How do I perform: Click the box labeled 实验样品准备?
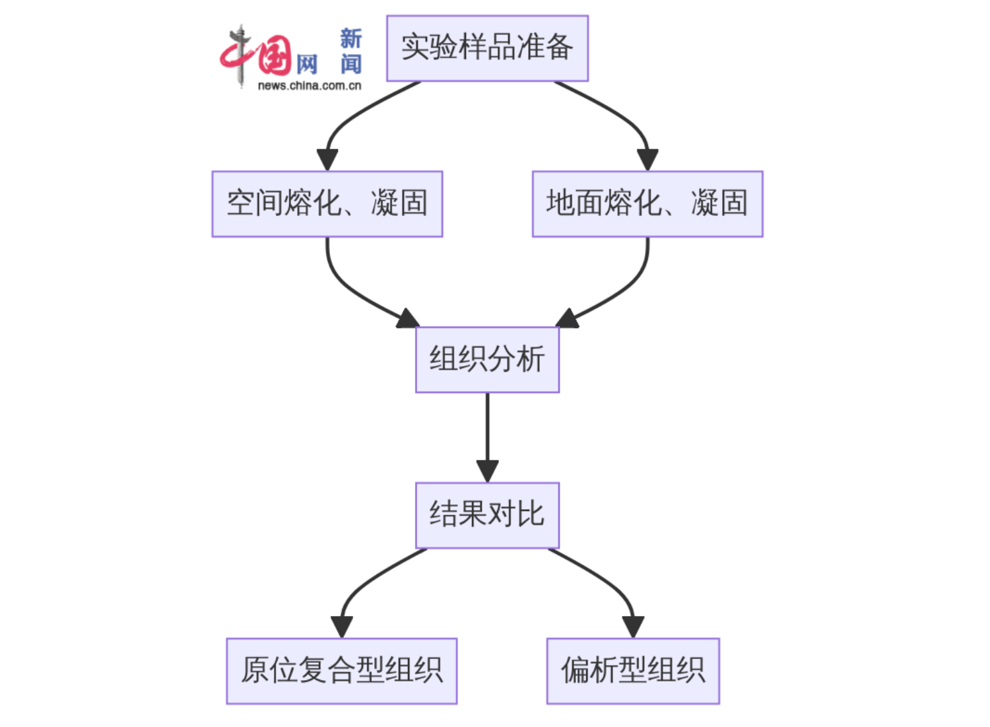coord(487,48)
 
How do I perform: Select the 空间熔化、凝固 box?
coord(327,203)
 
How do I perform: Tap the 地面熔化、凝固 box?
coord(647,203)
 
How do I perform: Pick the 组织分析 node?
coord(487,359)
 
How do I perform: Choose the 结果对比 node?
coord(487,515)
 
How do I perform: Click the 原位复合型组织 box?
coord(341,671)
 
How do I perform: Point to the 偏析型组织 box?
coord(633,671)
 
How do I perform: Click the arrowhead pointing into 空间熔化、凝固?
coord(327,160)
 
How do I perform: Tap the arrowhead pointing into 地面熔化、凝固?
coord(647,160)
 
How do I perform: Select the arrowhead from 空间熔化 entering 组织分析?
coord(409,320)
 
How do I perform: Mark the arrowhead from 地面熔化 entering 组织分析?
coord(566,320)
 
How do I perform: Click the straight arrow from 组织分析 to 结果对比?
coord(487,429)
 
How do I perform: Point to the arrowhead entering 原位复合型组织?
coord(342,627)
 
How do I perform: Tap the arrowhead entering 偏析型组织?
coord(633,627)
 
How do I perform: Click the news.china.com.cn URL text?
coord(310,85)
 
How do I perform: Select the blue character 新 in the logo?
coord(351,38)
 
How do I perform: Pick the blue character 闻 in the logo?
coord(351,64)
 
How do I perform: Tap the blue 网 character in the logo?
coord(307,65)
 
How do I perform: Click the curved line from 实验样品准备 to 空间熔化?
coord(356,112)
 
